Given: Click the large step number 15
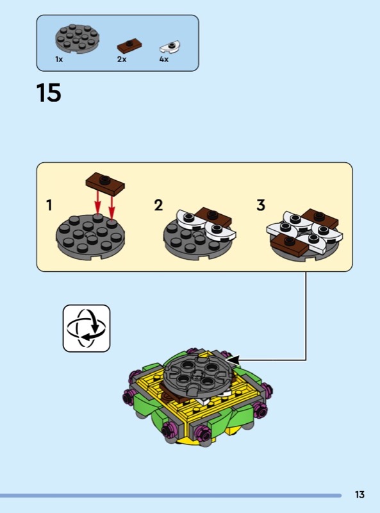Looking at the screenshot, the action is click(x=49, y=93).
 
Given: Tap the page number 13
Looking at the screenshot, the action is click(x=359, y=494).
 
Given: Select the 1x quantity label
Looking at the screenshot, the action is click(x=59, y=59).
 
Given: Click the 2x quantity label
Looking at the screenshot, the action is click(x=122, y=59).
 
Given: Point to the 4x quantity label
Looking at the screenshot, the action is click(x=164, y=59).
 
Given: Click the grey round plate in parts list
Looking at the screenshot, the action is click(x=77, y=38).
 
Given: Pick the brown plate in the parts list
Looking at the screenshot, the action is click(x=129, y=46).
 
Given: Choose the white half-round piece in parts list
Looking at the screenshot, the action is click(x=170, y=47).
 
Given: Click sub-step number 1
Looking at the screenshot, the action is click(x=49, y=205).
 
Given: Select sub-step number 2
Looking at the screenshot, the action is click(x=158, y=205).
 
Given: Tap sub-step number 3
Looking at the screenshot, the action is click(x=261, y=205).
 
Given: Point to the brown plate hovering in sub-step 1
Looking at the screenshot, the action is click(x=105, y=184).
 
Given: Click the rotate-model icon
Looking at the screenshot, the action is click(x=87, y=328).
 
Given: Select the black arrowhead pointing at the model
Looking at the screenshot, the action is click(x=233, y=360).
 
